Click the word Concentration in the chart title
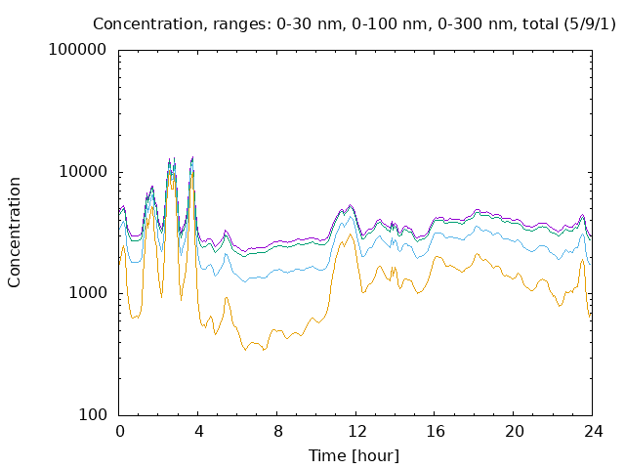(147, 23)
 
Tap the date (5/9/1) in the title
(590, 23)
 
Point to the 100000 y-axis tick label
(77, 50)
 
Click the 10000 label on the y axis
(83, 172)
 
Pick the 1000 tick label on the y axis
(88, 293)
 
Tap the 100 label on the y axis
(93, 414)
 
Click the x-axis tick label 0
(119, 431)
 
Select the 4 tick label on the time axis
(198, 431)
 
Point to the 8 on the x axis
(277, 431)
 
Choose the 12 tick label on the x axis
(356, 431)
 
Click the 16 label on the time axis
(436, 431)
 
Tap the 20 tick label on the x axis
(515, 431)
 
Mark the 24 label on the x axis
(593, 431)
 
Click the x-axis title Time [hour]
(354, 455)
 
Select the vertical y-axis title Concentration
(14, 233)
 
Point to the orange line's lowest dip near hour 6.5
(245, 350)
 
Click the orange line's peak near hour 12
(351, 234)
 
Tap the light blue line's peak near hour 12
(351, 217)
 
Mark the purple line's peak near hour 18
(477, 209)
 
